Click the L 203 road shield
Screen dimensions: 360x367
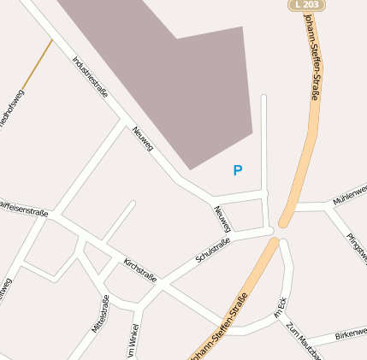[x=306, y=5]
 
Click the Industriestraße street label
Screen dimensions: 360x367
[x=90, y=77]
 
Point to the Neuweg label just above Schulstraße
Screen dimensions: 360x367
[x=222, y=219]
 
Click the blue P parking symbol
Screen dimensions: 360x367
[x=238, y=170]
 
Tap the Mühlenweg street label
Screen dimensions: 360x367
[x=351, y=194]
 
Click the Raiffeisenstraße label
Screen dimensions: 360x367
[x=23, y=208]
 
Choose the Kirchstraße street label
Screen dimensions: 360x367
[x=139, y=269]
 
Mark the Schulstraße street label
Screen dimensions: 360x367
[x=213, y=254]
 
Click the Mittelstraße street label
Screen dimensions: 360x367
[x=101, y=313]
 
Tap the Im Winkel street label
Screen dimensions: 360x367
[x=132, y=342]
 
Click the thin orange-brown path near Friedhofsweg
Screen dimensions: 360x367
[x=38, y=63]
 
